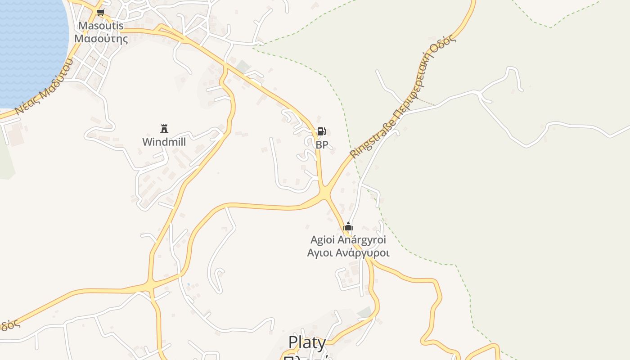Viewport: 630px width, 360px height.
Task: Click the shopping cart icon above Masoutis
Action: (101, 13)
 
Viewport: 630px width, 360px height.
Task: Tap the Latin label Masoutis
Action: (101, 26)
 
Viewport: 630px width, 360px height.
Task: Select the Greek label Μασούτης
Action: (101, 39)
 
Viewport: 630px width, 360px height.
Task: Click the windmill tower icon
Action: (164, 129)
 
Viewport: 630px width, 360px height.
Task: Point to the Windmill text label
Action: (164, 142)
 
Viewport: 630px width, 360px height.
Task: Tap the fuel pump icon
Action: (321, 131)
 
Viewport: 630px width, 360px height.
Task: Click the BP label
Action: (322, 145)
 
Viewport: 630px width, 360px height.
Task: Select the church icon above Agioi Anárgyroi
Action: (348, 226)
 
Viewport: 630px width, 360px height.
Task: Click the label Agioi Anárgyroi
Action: (348, 240)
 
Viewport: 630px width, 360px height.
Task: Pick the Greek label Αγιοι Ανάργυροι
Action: (348, 253)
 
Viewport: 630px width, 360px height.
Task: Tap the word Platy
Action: (307, 342)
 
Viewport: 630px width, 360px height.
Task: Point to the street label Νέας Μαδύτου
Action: (43, 87)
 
